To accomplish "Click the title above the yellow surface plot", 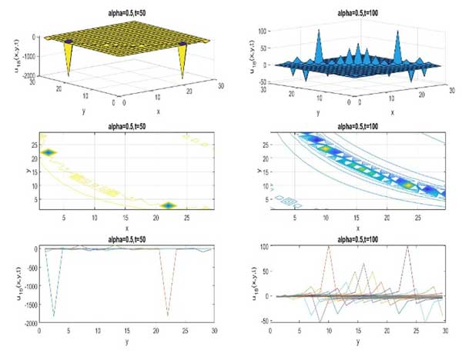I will tap(123, 7).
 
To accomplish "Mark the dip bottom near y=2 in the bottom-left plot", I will tap(53, 315).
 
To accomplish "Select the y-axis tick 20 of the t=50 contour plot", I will tap(32, 158).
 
